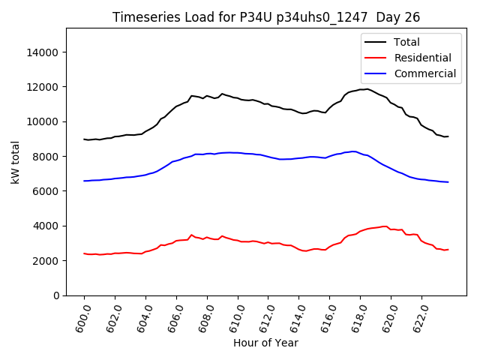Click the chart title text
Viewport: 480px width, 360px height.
(x=266, y=17)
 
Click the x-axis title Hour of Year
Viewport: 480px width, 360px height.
(x=265, y=343)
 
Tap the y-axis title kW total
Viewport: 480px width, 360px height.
(x=16, y=162)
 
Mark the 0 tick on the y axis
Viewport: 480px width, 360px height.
(x=58, y=295)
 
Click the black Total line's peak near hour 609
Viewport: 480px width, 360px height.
(x=222, y=94)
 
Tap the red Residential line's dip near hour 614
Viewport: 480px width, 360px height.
(x=304, y=251)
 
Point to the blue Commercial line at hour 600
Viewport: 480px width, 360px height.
(x=84, y=181)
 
